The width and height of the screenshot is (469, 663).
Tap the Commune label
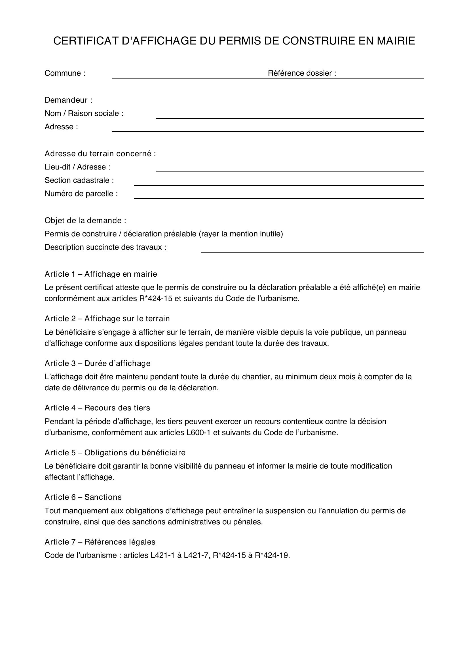click(x=65, y=73)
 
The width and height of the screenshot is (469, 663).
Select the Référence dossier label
click(x=302, y=73)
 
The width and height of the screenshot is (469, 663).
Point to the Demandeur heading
click(x=68, y=100)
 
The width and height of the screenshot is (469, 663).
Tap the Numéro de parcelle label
click(x=81, y=194)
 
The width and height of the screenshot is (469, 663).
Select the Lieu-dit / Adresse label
click(x=77, y=167)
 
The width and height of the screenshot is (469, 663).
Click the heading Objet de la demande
click(x=85, y=221)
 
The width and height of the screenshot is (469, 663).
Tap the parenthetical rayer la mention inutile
click(x=240, y=234)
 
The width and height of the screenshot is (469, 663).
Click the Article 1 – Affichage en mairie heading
click(x=101, y=274)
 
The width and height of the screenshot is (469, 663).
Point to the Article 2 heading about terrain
click(x=107, y=319)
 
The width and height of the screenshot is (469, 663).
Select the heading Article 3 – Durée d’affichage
click(x=97, y=363)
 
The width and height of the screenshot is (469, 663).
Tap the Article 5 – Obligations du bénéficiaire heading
click(x=115, y=452)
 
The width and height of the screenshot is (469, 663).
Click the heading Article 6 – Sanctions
click(x=83, y=497)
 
